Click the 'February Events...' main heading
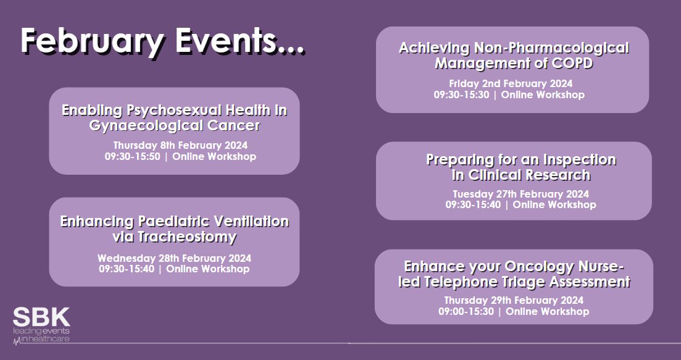click(x=162, y=41)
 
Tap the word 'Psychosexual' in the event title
click(x=173, y=111)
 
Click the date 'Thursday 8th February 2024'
click(x=180, y=146)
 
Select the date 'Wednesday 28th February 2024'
click(x=174, y=257)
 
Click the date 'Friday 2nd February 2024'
click(x=511, y=83)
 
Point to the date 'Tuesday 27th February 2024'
click(x=520, y=194)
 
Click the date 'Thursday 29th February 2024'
click(x=514, y=301)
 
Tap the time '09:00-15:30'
click(x=466, y=312)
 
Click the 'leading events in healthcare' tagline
click(x=41, y=335)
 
